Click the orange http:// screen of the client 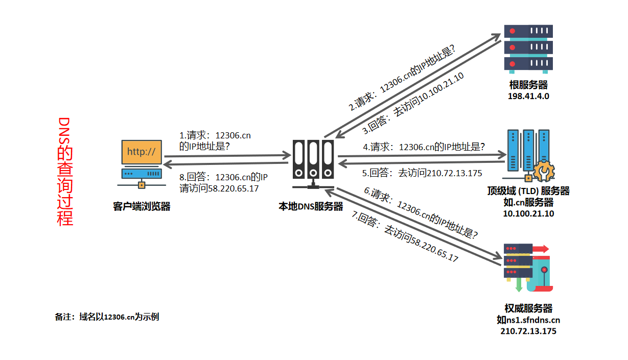tap(142, 152)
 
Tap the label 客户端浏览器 tap(142, 206)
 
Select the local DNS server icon tap(313, 164)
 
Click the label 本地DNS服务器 tap(311, 206)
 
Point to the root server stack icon tap(528, 49)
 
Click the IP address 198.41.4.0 tap(528, 96)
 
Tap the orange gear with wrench tap(544, 171)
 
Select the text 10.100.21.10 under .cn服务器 tap(528, 213)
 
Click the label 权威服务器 tap(528, 308)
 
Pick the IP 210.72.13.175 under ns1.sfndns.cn tap(528, 331)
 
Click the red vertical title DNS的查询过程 tap(65, 172)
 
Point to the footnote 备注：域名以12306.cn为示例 tap(107, 317)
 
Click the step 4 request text tap(424, 147)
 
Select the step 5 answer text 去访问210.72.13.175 tap(440, 173)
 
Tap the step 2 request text tap(402, 78)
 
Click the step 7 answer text tap(405, 236)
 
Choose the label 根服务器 tap(528, 85)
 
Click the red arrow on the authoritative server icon tap(541, 249)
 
